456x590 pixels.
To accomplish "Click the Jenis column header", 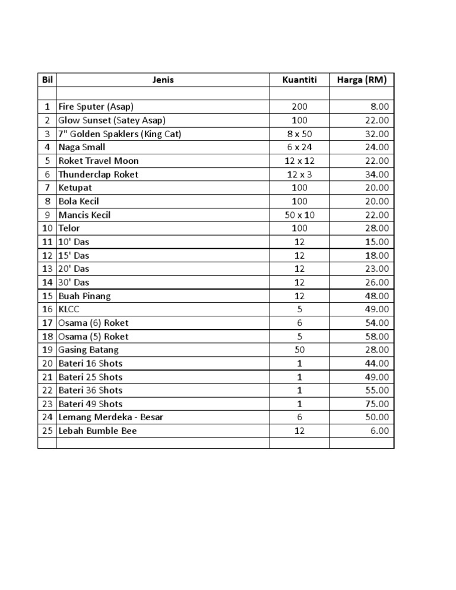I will point(163,80).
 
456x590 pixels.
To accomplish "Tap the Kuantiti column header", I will point(299,80).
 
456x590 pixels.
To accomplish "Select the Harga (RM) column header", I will point(362,80).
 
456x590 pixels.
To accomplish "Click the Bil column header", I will point(47,80).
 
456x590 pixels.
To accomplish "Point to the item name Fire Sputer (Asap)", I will point(96,107).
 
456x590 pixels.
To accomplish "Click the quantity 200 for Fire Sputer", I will point(299,107).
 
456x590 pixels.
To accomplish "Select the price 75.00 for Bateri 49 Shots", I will point(377,404).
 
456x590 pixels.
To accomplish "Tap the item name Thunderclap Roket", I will point(98,175).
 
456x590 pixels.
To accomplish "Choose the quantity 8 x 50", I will point(299,134).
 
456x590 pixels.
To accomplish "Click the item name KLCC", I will point(69,309).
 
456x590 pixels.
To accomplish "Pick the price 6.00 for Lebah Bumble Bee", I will point(379,431).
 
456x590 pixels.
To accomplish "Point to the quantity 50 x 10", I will point(299,215).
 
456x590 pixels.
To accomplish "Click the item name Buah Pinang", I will point(84,296).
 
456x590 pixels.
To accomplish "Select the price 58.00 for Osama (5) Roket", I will point(377,337).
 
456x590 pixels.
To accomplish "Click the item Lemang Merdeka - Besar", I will point(110,417).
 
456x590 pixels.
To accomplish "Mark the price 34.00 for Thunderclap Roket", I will point(377,175).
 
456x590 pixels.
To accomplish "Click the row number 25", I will point(47,431).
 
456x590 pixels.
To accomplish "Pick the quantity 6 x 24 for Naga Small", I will point(299,147).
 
